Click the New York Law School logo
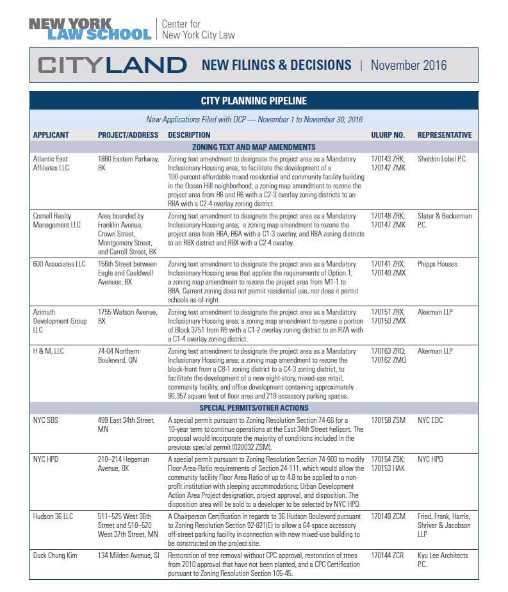pyautogui.click(x=90, y=29)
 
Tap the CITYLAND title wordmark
pyautogui.click(x=112, y=65)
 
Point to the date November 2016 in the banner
pyautogui.click(x=408, y=65)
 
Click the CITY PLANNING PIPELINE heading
pyautogui.click(x=254, y=101)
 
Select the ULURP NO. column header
pyautogui.click(x=388, y=135)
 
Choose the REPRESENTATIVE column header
pyautogui.click(x=445, y=135)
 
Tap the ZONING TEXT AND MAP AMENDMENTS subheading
pyautogui.click(x=254, y=147)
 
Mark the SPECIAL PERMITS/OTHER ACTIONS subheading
pyautogui.click(x=254, y=407)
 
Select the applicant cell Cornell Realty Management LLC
pyautogui.click(x=57, y=220)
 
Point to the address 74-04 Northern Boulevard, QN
pyautogui.click(x=119, y=356)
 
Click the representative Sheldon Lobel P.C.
pyautogui.click(x=444, y=158)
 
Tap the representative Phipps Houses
pyautogui.click(x=438, y=264)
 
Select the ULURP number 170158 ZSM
pyautogui.click(x=388, y=420)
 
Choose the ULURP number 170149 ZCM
pyautogui.click(x=388, y=516)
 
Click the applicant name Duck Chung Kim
pyautogui.click(x=55, y=555)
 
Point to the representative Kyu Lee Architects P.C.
pyautogui.click(x=443, y=559)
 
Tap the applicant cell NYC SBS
pyautogui.click(x=45, y=420)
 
